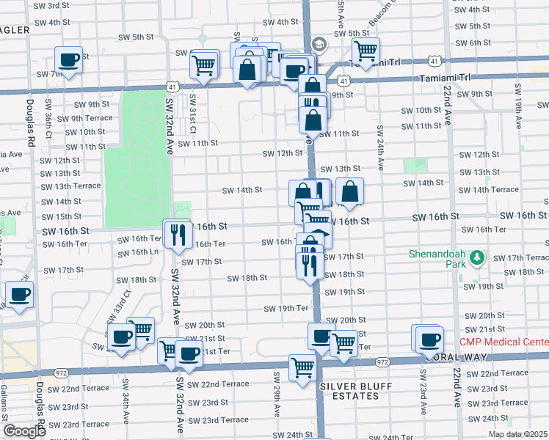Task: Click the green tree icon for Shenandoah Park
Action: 478,257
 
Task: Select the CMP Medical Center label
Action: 503,342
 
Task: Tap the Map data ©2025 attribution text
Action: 518,435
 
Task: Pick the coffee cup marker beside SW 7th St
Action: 69,60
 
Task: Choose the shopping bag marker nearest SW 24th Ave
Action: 350,192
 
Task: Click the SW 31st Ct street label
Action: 193,109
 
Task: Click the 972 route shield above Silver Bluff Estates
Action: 382,362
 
